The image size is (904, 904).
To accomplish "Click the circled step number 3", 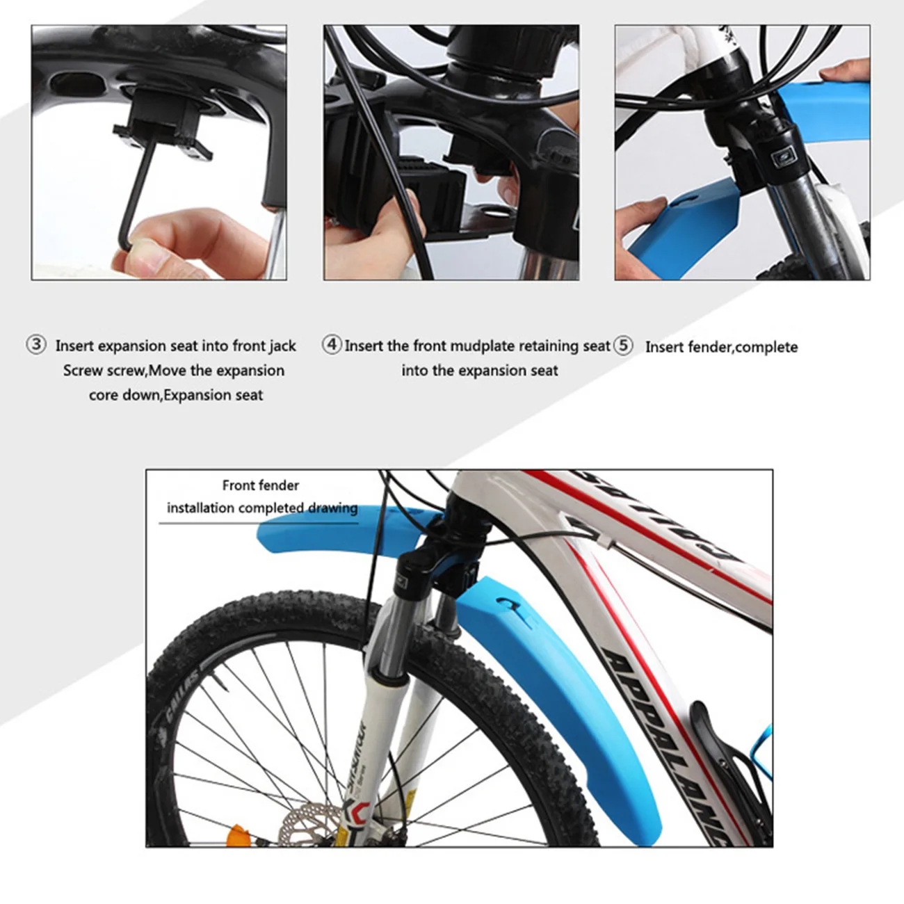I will [36, 345].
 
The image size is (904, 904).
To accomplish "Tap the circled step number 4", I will [332, 344].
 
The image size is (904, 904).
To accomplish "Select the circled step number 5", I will [623, 346].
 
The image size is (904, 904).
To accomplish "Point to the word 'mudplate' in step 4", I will [482, 346].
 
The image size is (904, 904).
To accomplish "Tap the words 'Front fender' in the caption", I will [260, 485].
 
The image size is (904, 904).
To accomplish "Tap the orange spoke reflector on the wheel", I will [238, 834].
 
